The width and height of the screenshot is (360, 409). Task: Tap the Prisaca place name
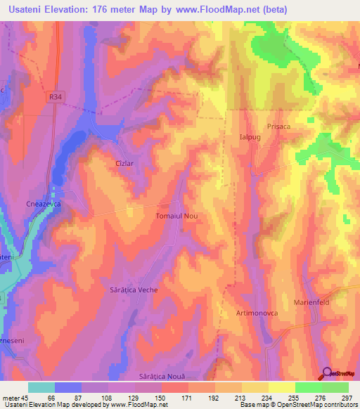[x=279, y=127]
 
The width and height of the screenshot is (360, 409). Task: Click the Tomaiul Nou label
[x=176, y=217]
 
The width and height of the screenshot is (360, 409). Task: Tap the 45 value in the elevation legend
[x=26, y=399]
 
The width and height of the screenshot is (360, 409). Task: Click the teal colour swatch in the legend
[x=41, y=387]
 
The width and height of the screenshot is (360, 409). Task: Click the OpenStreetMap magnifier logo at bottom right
[x=326, y=375]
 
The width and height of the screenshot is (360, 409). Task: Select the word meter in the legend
[x=11, y=399]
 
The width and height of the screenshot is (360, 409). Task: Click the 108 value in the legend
[x=106, y=399]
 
